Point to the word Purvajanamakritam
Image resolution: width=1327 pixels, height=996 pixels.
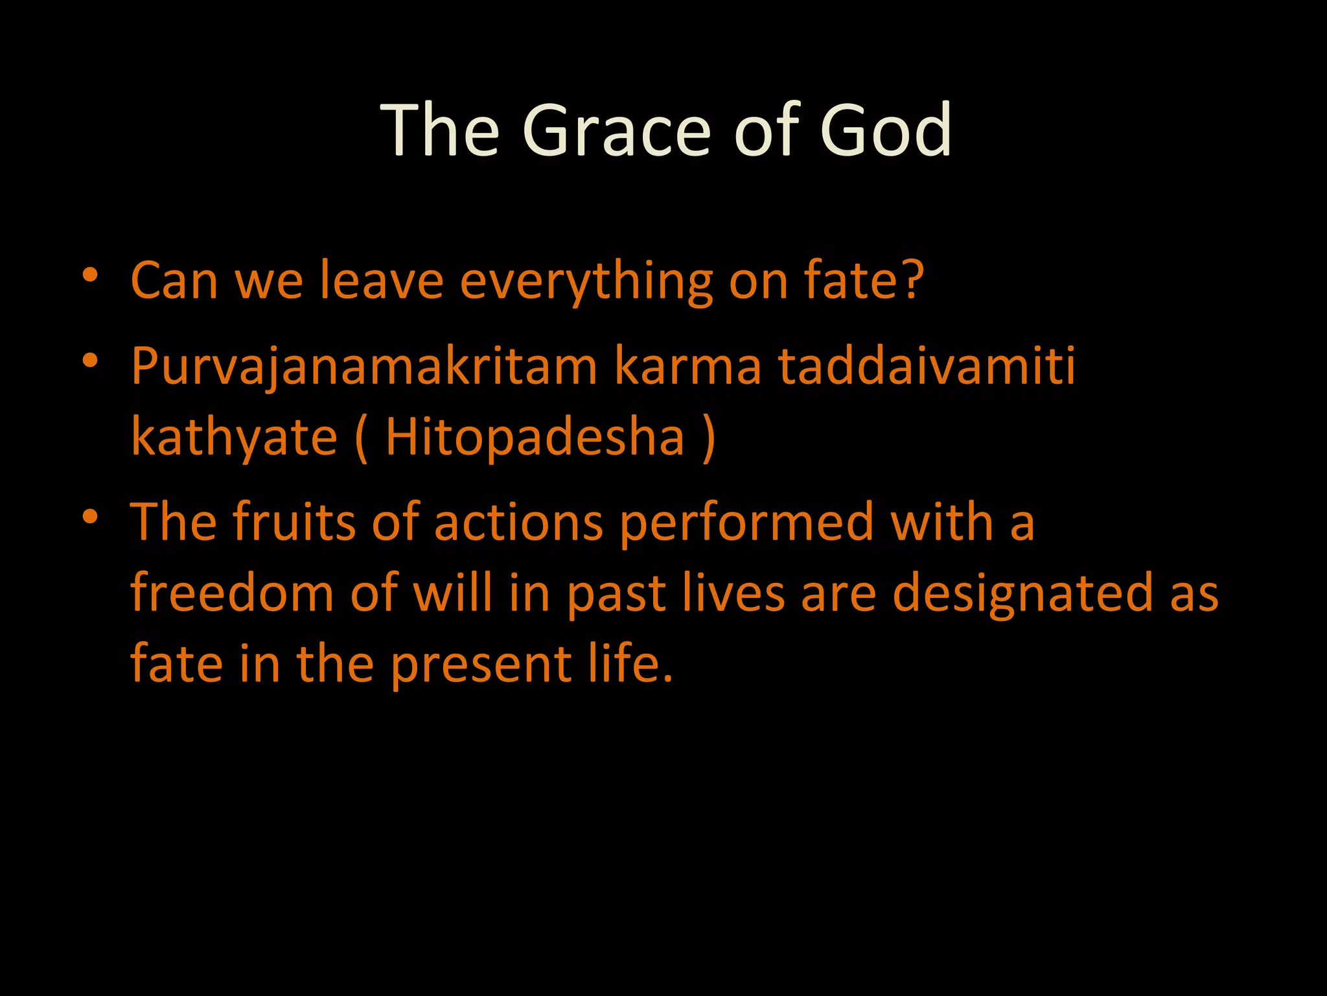tap(363, 366)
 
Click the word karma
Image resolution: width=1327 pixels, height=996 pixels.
tap(687, 366)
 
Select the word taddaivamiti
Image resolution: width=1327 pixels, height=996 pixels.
tap(926, 366)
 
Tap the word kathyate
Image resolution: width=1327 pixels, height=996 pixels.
tap(234, 438)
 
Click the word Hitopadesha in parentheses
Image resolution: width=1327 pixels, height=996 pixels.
tap(535, 438)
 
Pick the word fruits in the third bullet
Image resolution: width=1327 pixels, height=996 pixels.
tap(294, 522)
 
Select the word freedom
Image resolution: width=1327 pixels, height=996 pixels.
tap(231, 593)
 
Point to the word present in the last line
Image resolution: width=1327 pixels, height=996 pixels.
tap(481, 665)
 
